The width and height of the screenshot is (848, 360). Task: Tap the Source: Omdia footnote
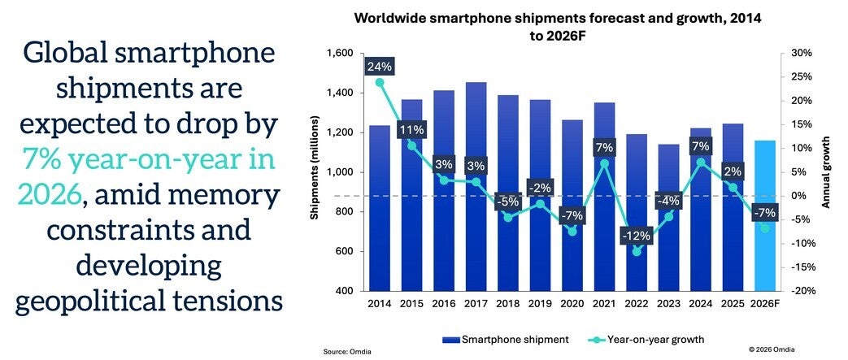(x=346, y=350)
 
